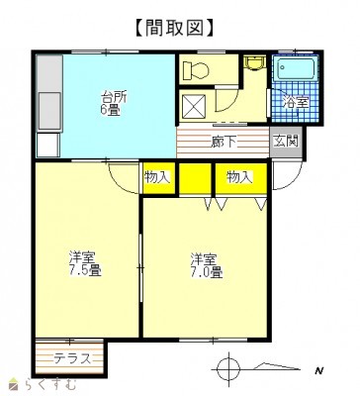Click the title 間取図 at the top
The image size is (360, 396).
click(175, 28)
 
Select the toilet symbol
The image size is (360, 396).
click(196, 69)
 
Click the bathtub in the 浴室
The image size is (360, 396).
click(296, 68)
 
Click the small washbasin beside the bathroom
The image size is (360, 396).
click(254, 63)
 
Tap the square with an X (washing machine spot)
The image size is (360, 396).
click(194, 106)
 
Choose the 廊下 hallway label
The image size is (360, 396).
click(224, 142)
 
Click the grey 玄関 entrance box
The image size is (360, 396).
click(286, 143)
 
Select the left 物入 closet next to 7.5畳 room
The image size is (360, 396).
click(158, 178)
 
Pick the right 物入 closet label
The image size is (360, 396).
click(240, 177)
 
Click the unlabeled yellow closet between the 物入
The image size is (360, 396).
click(195, 178)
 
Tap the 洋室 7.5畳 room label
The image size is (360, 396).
click(84, 263)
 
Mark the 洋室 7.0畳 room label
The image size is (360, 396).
click(206, 265)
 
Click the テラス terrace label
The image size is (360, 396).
click(72, 358)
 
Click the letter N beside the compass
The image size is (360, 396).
click(318, 370)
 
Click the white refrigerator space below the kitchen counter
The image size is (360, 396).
click(48, 145)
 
